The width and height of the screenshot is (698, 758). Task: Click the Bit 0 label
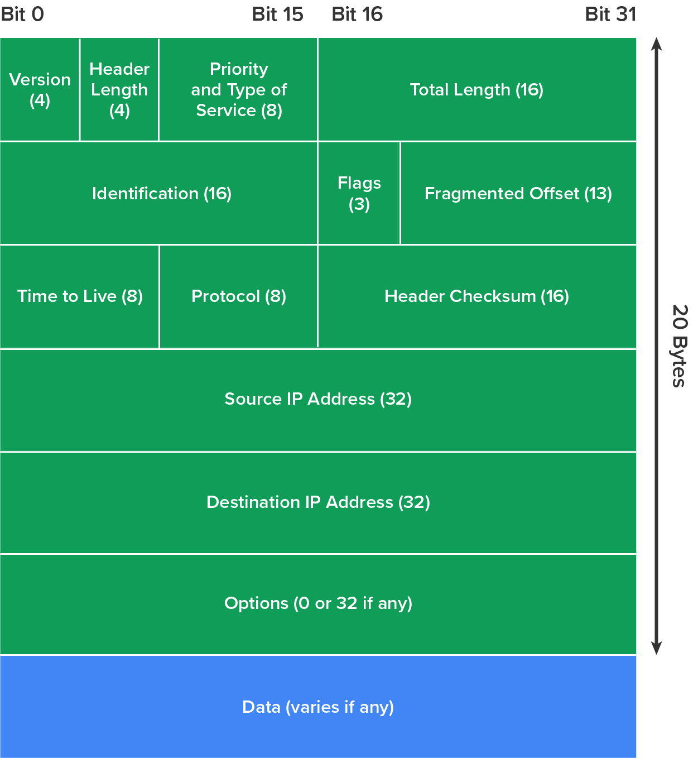(x=22, y=15)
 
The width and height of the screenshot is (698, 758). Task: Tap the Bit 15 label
(x=278, y=15)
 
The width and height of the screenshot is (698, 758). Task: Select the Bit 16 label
(x=357, y=15)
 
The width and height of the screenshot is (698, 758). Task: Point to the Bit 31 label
(x=611, y=15)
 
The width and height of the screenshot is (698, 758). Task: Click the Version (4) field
(x=40, y=89)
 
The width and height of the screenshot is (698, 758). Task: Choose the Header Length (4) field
(x=119, y=89)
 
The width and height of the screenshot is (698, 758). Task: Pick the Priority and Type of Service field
(x=238, y=89)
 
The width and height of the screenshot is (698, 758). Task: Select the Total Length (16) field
(x=478, y=89)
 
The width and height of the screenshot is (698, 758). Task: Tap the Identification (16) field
(x=158, y=193)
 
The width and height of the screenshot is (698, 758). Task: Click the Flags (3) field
(x=359, y=193)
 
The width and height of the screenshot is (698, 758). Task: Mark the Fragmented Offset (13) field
(x=518, y=193)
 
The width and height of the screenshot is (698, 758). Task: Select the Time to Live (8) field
(x=79, y=296)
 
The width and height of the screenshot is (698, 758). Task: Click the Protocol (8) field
(x=238, y=296)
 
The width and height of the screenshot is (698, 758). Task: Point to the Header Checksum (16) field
(x=478, y=296)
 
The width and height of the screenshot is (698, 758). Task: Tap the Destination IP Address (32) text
(x=318, y=502)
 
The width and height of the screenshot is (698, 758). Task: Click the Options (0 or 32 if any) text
(x=318, y=603)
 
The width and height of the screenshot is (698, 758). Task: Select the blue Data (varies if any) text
(x=318, y=707)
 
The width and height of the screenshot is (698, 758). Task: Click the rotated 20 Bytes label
(x=678, y=346)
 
